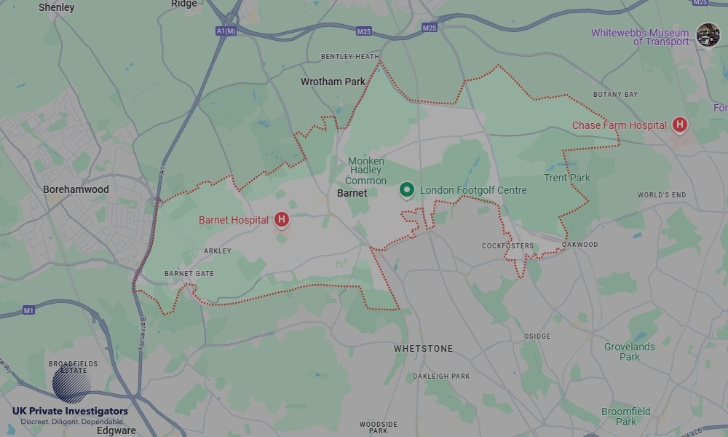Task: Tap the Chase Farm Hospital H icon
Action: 680,125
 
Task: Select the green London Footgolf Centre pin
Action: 407,190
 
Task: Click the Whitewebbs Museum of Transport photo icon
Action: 708,34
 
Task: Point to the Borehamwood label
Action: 76,189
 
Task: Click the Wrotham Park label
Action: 333,82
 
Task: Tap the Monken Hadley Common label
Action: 365,170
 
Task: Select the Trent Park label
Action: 567,178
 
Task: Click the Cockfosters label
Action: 507,246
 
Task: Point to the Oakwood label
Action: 580,245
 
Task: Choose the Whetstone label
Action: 423,349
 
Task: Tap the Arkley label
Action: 218,251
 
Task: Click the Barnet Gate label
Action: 189,274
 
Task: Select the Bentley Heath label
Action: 350,56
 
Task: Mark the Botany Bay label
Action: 615,95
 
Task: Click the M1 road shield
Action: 28,310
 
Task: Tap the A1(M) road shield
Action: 226,31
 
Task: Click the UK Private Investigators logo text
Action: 70,412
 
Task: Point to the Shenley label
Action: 57,7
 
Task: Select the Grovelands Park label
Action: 629,352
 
